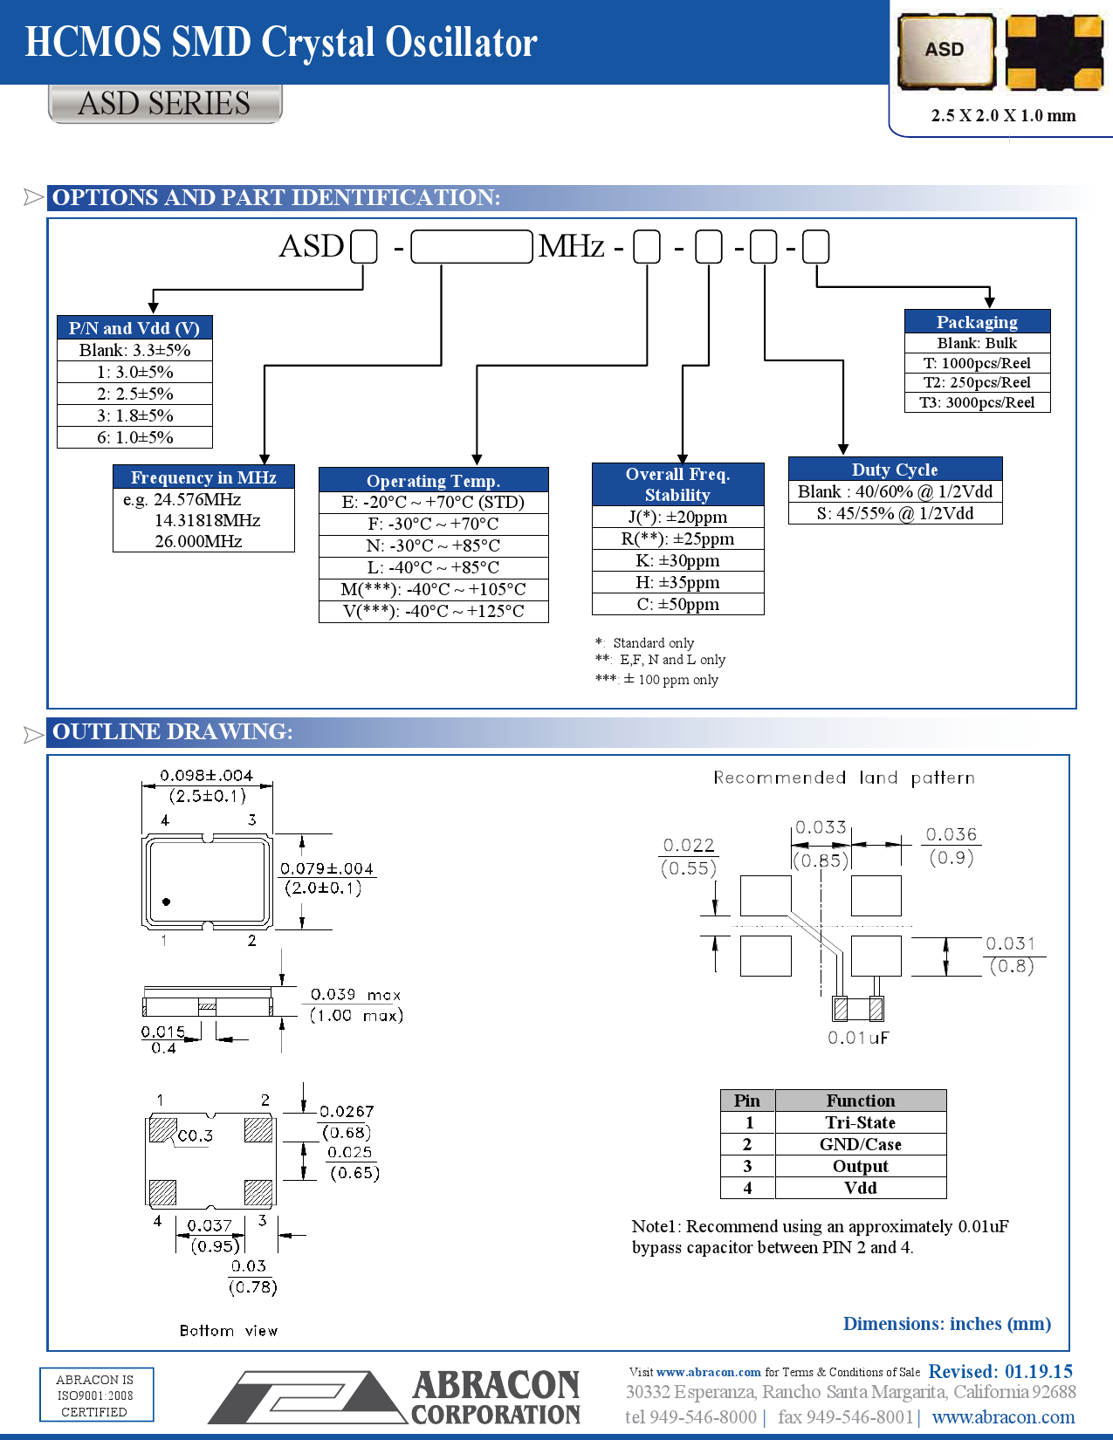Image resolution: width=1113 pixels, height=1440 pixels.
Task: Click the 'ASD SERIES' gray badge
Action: [x=164, y=104]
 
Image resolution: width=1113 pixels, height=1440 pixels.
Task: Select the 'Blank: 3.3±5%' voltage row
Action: [x=134, y=350]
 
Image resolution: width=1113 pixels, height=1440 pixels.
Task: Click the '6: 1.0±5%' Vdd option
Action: [x=134, y=437]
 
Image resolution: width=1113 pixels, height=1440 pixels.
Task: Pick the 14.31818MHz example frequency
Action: [x=207, y=520]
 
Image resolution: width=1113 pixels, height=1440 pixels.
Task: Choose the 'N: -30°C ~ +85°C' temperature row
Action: [x=433, y=545]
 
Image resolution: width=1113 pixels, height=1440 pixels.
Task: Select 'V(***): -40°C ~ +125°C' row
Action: [x=433, y=611]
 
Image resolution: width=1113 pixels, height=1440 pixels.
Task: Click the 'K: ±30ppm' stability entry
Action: [x=677, y=560]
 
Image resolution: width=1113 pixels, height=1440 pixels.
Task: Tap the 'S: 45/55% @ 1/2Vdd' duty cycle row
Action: [x=895, y=513]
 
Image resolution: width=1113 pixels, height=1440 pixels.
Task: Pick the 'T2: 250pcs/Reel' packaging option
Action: [x=977, y=382]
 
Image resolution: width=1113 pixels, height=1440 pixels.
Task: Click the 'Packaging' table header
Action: [x=977, y=321]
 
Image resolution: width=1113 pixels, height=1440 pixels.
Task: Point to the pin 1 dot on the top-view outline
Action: [x=166, y=902]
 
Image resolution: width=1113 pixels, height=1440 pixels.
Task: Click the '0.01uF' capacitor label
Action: [x=857, y=1038]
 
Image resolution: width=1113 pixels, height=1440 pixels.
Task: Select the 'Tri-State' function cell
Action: [x=860, y=1122]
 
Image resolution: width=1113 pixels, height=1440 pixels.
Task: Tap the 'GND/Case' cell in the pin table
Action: [x=860, y=1144]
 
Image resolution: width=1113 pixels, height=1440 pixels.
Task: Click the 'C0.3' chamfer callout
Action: [x=195, y=1135]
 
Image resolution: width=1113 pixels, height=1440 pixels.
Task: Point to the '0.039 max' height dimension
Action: [x=355, y=995]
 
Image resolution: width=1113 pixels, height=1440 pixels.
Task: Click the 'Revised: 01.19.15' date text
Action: [x=1000, y=1371]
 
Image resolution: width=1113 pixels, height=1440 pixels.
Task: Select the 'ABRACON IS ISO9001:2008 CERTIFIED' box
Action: [x=96, y=1395]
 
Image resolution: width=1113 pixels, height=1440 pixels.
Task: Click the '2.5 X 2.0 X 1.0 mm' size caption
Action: [x=1003, y=115]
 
